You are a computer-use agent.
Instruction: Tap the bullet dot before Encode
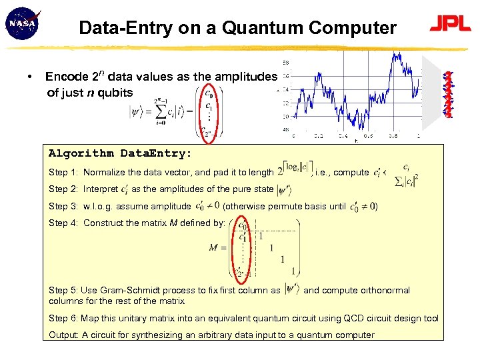[30, 77]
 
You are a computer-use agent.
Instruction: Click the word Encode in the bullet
[65, 77]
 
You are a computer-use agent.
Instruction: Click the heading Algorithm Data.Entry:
[120, 153]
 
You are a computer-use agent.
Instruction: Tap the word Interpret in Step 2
[101, 189]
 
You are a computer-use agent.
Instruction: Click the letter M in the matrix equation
[213, 248]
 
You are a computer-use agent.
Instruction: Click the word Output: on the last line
[63, 335]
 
